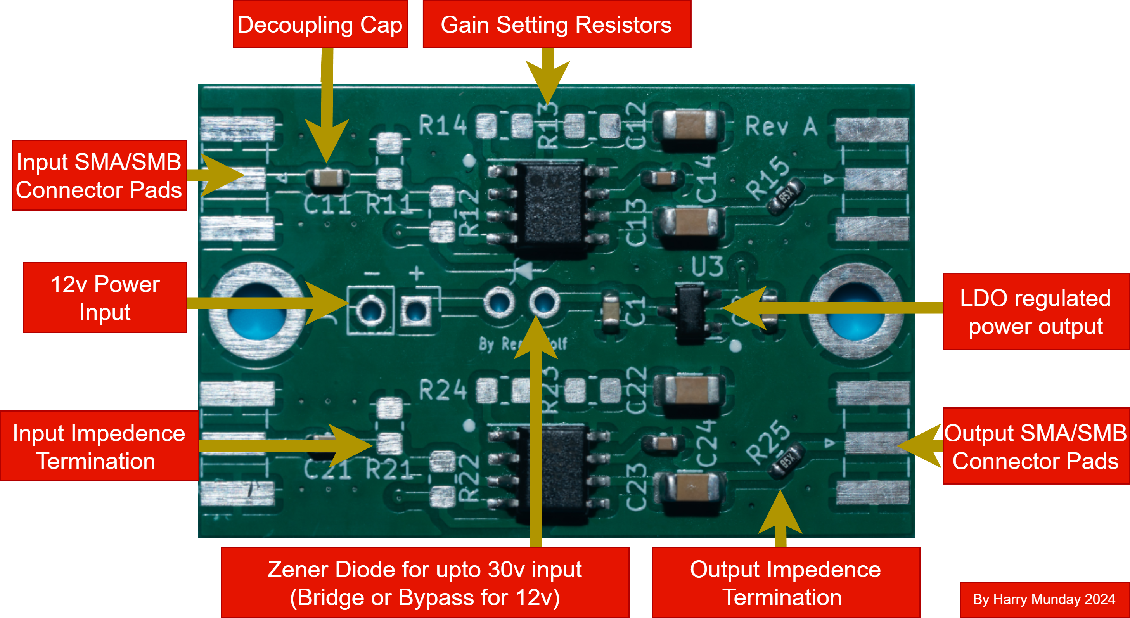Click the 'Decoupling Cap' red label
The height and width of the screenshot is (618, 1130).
click(x=320, y=24)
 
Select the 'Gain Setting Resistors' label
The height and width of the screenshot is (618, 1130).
click(x=556, y=24)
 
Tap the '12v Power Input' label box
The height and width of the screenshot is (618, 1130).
click(x=105, y=298)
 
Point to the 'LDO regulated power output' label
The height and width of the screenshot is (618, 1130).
click(x=1035, y=312)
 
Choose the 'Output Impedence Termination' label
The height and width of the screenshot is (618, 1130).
click(x=785, y=583)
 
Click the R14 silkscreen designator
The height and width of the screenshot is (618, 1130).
click(x=443, y=125)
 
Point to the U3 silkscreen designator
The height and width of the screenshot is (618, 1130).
click(x=707, y=266)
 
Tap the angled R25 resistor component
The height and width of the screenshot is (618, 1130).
click(x=787, y=460)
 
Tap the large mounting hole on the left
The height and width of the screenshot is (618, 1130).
click(x=257, y=311)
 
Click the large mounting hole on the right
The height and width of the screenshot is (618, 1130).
click(x=856, y=311)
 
